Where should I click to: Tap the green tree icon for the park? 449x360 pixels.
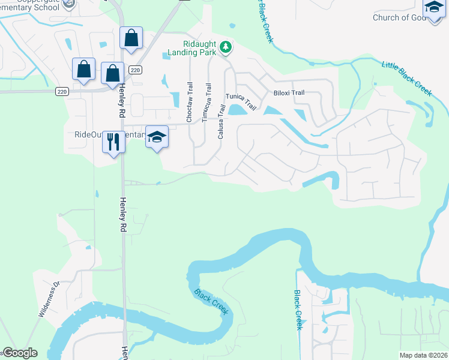(225, 46)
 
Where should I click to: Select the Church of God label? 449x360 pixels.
(399, 17)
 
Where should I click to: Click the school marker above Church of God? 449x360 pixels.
(433, 8)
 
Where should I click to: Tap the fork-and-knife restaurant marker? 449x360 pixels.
(113, 142)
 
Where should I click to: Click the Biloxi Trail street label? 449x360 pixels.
(289, 93)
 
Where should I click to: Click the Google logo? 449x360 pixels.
(19, 353)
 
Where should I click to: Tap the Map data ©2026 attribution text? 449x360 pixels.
(424, 355)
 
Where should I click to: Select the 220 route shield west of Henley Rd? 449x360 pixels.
(61, 91)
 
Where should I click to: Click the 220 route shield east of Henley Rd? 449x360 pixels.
(135, 70)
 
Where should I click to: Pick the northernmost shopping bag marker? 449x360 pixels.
(131, 38)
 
